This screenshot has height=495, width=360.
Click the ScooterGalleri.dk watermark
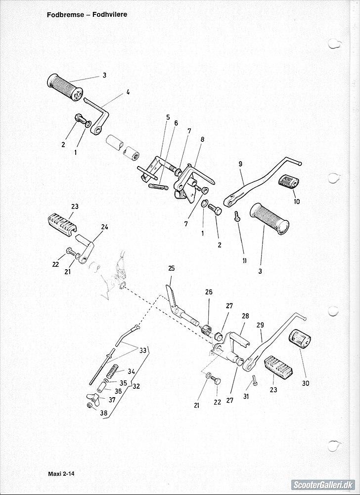322,485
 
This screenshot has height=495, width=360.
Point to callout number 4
128,92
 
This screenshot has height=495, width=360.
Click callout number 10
297,202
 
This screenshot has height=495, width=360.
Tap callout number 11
244,260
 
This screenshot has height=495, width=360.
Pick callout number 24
105,227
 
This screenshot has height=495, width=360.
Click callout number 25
171,268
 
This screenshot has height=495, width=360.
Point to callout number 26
209,292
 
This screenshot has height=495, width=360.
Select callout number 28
246,316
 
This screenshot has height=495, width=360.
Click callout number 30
306,383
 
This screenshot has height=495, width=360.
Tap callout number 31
246,396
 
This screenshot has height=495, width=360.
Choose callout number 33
142,350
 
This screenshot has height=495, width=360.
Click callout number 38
103,413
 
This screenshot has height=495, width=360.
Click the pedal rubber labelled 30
300,340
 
